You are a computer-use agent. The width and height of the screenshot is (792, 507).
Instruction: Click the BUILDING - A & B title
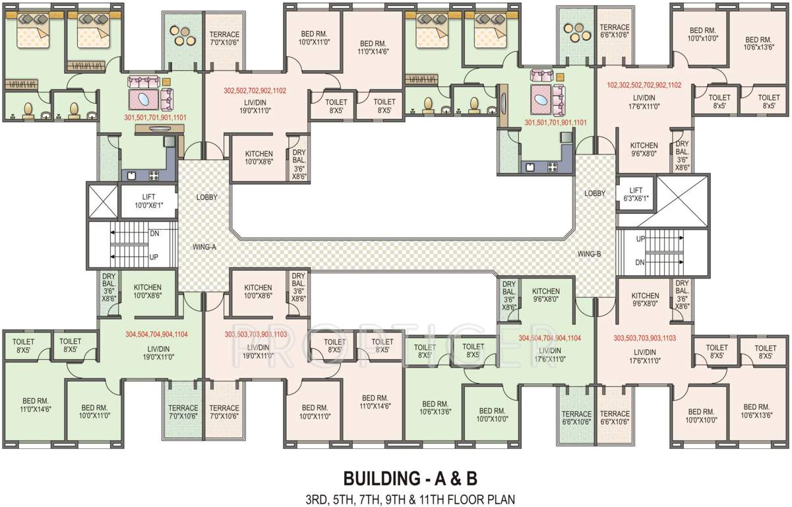coord(410,479)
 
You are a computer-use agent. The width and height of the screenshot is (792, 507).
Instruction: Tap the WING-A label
coord(204,247)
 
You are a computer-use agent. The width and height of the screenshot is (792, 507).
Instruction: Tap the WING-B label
coord(589,254)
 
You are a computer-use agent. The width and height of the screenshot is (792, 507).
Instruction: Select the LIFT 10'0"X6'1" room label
coord(149,201)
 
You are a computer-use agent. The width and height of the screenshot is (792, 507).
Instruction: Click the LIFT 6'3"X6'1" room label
coord(636,194)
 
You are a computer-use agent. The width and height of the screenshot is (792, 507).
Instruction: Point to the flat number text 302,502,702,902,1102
coord(255,90)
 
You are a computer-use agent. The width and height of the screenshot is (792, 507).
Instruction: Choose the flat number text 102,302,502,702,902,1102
coord(644,85)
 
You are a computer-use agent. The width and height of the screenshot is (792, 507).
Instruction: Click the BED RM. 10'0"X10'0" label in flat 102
coord(703,34)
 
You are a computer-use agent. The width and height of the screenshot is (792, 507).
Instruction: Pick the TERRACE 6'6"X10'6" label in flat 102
coord(615,31)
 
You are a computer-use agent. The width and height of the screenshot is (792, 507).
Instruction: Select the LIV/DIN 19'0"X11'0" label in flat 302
coord(255,106)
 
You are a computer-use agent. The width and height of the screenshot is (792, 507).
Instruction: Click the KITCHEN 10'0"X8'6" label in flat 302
coord(259,158)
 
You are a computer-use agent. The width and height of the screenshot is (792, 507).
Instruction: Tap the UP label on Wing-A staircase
coord(154,257)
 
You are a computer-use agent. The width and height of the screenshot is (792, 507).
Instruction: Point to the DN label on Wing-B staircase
coord(640,262)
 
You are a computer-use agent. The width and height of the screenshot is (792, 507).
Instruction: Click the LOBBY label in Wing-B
coord(595,193)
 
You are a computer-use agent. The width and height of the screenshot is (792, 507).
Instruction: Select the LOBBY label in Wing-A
coord(207,197)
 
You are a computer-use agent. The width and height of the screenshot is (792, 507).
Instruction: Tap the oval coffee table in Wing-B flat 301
coord(541,100)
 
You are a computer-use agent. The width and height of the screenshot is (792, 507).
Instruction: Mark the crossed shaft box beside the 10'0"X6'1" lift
coord(102,201)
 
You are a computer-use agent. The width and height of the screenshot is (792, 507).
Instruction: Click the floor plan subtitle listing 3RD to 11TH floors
coord(410,500)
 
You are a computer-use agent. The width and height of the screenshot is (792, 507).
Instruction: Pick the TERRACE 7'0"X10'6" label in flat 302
coord(224,38)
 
